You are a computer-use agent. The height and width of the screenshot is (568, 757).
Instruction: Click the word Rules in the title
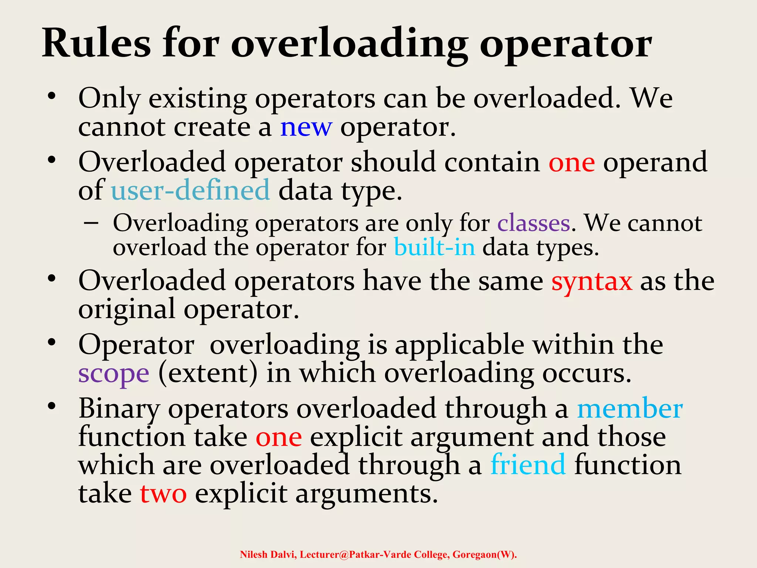(x=96, y=43)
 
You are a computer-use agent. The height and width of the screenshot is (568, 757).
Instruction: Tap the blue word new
(x=306, y=127)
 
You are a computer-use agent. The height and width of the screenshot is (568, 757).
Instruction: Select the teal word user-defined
(x=190, y=190)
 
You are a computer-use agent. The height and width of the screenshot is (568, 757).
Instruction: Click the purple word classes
(x=533, y=223)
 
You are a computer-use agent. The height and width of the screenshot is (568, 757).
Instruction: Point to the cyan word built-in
(x=434, y=247)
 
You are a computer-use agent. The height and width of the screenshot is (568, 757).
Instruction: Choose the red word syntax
(x=591, y=281)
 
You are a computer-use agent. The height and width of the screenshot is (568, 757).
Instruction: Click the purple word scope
(x=114, y=373)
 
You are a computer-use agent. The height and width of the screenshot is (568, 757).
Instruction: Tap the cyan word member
(x=630, y=409)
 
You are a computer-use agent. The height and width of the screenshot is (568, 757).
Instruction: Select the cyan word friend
(x=528, y=465)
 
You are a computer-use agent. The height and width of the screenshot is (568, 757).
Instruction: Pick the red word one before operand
(x=571, y=162)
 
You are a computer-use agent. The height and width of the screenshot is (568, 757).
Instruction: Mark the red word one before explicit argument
(x=279, y=437)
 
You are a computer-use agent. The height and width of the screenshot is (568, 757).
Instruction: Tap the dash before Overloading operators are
(x=91, y=223)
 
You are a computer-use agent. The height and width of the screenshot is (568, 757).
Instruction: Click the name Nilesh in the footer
(x=253, y=555)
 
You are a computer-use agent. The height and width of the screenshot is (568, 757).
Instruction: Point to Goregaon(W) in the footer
(x=484, y=555)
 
